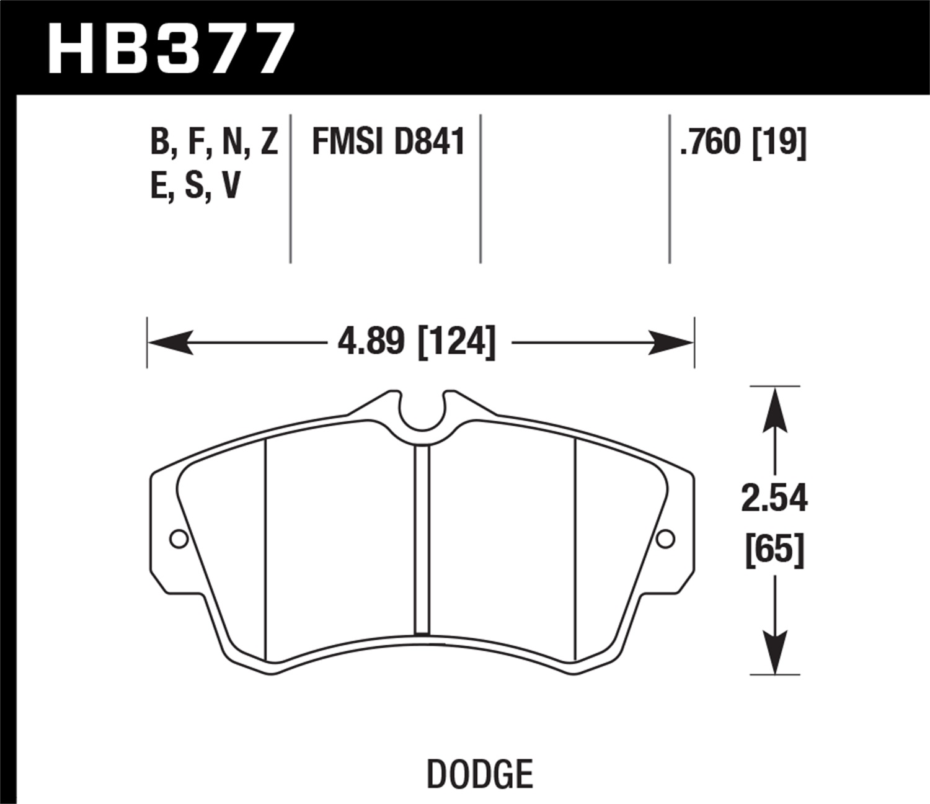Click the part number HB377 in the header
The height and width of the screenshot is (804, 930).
tap(169, 48)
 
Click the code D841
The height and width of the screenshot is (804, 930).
tap(429, 142)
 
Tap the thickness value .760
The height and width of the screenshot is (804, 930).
tap(711, 142)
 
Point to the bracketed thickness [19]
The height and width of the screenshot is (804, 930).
tap(779, 142)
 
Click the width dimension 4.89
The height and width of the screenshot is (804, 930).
tap(371, 342)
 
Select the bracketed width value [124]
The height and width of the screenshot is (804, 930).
tap(457, 342)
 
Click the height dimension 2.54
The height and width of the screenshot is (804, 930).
tap(774, 499)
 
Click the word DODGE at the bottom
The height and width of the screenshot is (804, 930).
tap(480, 774)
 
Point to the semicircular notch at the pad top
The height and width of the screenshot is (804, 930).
tap(422, 413)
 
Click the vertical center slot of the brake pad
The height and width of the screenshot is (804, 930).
tap(422, 540)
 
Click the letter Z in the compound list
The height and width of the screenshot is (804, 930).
tap(269, 142)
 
